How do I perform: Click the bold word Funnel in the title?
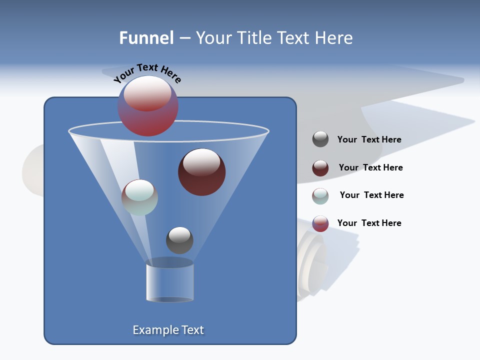click(x=146, y=38)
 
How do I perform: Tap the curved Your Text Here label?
click(x=147, y=73)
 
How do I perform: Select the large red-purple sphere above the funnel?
click(x=148, y=106)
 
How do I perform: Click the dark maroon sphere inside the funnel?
click(x=202, y=172)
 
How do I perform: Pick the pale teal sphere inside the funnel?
click(x=139, y=197)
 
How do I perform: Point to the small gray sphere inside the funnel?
click(x=179, y=240)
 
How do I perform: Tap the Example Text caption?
click(x=168, y=330)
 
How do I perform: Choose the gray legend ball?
click(x=320, y=139)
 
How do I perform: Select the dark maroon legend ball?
click(x=320, y=168)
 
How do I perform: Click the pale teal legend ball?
click(x=320, y=196)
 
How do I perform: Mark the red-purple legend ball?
click(x=320, y=223)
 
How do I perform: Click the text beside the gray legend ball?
click(x=369, y=140)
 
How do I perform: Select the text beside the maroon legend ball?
click(x=370, y=168)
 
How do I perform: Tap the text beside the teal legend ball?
click(x=371, y=195)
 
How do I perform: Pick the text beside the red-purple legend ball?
click(x=369, y=223)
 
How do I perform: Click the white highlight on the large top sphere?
click(x=147, y=93)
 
